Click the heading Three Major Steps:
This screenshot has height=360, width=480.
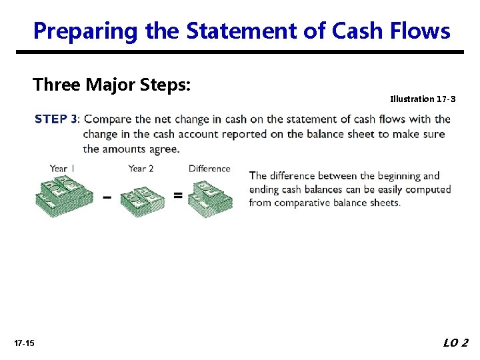(x=112, y=85)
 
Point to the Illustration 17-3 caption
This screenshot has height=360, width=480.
(x=423, y=99)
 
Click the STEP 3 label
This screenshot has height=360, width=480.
(x=56, y=119)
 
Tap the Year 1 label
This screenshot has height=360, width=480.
(x=62, y=169)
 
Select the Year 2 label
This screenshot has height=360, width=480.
(x=141, y=169)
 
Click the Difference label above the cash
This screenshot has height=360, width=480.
(x=209, y=169)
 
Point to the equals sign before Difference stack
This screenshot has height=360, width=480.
(x=177, y=195)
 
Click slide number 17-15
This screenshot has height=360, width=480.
(x=24, y=343)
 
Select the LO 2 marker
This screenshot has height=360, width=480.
(x=456, y=343)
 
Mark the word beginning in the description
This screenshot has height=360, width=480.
(x=383, y=176)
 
